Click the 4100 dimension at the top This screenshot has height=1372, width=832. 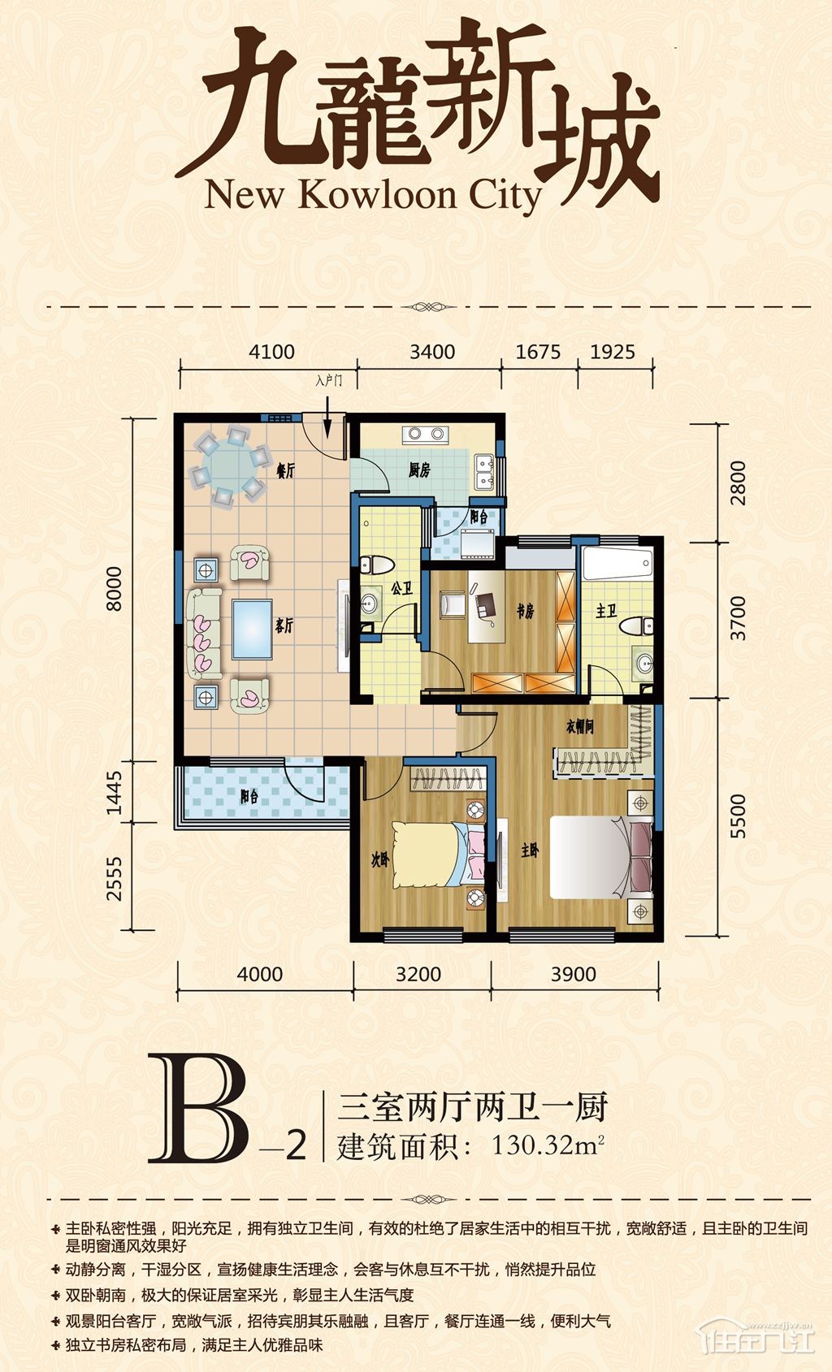click(271, 353)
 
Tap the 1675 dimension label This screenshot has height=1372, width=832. click(538, 353)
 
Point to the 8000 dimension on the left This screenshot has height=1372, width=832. click(115, 589)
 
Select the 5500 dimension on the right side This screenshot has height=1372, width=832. click(739, 816)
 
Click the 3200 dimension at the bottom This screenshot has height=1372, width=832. click(418, 974)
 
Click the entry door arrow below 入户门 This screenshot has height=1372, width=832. click(327, 417)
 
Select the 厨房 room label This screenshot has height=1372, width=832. click(420, 470)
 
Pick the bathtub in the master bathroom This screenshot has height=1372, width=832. click(617, 563)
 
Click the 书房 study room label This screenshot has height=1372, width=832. click(525, 611)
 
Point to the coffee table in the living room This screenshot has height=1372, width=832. click(252, 630)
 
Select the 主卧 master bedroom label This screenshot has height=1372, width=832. click(530, 850)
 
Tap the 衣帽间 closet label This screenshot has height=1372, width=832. click(579, 726)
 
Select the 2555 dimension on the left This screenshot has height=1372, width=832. click(115, 878)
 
